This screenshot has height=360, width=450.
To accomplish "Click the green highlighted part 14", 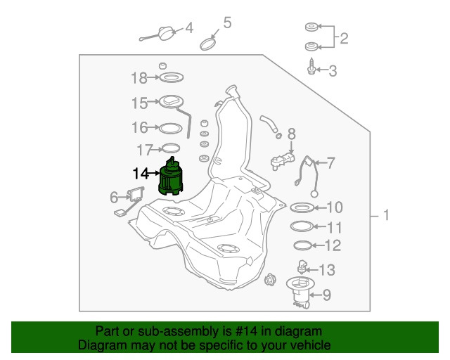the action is (170, 178).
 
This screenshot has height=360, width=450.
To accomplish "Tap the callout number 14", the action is (141, 174).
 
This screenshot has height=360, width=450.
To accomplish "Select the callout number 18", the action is (139, 78).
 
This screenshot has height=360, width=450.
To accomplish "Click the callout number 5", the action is (227, 22).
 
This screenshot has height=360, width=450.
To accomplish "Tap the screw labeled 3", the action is (311, 67).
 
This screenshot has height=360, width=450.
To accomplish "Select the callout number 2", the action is (344, 38).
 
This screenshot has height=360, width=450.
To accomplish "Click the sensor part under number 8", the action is (283, 162).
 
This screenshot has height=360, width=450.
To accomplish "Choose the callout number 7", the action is (331, 163).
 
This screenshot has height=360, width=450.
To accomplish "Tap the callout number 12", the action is (333, 245).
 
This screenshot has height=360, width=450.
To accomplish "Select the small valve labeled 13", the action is (302, 266).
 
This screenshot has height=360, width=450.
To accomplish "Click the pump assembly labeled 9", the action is (300, 292).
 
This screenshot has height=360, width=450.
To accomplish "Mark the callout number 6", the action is (114, 198).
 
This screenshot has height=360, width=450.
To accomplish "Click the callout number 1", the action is (386, 215).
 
